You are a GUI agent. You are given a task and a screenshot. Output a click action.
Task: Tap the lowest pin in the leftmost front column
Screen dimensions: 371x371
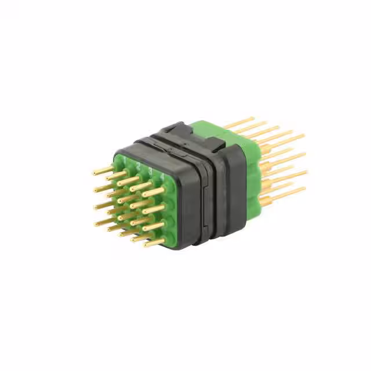[105, 221]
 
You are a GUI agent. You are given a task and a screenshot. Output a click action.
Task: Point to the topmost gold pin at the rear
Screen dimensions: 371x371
[239, 122]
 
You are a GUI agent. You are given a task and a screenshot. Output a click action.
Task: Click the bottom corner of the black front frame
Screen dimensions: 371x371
[174, 246]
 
